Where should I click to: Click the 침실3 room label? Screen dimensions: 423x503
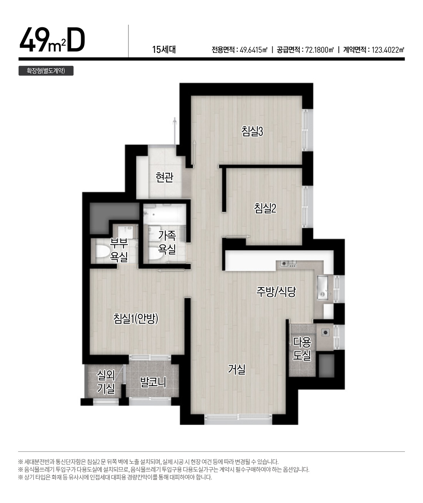[252, 131]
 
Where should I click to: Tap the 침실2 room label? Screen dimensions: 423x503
[265, 208]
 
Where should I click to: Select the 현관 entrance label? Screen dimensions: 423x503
[165, 177]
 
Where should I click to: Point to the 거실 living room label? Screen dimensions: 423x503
[236, 369]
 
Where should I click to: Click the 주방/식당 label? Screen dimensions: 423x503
[276, 292]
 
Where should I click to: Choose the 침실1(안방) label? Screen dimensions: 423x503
[136, 319]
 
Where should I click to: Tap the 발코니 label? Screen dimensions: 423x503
[153, 382]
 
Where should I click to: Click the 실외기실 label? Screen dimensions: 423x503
[106, 382]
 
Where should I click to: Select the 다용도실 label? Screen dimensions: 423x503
[301, 349]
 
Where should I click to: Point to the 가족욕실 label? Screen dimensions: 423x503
[167, 242]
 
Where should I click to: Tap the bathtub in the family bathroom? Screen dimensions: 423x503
[165, 214]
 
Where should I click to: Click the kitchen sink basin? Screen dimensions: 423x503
[323, 287]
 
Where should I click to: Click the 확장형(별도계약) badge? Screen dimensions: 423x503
[46, 71]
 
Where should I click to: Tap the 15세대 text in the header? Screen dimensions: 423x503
[164, 50]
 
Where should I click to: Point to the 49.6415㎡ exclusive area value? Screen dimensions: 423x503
[254, 50]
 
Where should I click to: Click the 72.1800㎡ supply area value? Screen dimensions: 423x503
[320, 50]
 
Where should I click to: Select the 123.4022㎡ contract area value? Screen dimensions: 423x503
[388, 50]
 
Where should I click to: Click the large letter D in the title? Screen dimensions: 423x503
[76, 40]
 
